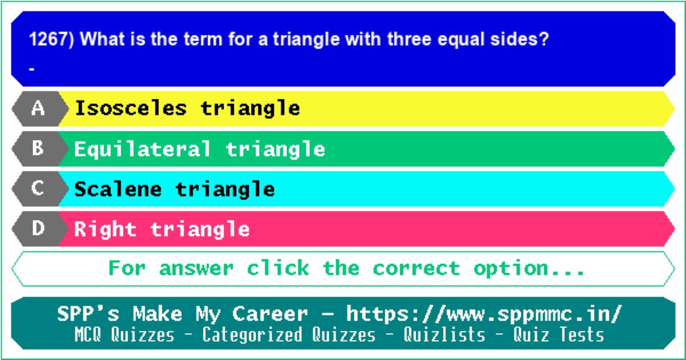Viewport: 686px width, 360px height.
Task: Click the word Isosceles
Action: [x=131, y=108]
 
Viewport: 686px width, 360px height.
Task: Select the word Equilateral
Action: [x=143, y=149]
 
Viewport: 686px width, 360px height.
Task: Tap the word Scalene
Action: [x=118, y=189]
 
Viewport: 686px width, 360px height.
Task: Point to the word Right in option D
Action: [x=105, y=230]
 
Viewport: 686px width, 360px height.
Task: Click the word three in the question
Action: [x=409, y=39]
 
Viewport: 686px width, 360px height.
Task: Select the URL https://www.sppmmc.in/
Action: [x=484, y=314]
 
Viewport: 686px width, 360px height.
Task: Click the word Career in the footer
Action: [x=270, y=314]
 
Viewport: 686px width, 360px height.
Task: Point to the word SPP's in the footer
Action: [x=88, y=314]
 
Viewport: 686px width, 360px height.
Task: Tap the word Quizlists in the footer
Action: [x=444, y=334]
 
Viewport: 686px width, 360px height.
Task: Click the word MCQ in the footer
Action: [x=88, y=334]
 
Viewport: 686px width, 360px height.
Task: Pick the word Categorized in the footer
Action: [x=252, y=334]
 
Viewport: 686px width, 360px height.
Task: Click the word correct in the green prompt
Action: [x=417, y=268]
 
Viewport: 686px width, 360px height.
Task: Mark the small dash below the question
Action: [x=31, y=69]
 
